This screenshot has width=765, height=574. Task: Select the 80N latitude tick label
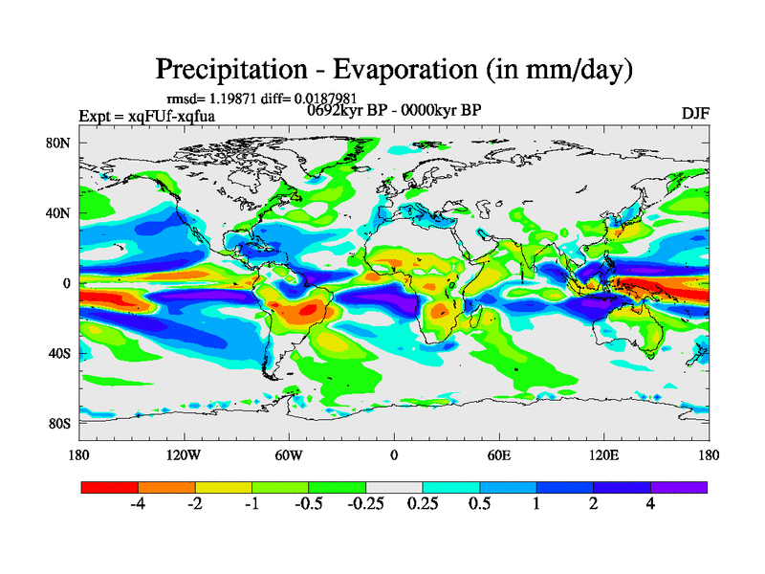point(61,143)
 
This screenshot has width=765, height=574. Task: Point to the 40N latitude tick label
point(61,213)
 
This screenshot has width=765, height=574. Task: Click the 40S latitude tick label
point(61,354)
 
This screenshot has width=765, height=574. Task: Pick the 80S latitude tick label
point(61,424)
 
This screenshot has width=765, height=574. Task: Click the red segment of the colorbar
point(110,487)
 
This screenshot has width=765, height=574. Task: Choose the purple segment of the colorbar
point(679,487)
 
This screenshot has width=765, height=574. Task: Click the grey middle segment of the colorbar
point(394,487)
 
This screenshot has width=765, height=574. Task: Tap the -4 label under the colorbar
point(138,504)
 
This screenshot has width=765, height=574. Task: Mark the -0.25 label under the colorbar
point(364,504)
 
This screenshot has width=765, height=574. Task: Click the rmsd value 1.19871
point(230,99)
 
